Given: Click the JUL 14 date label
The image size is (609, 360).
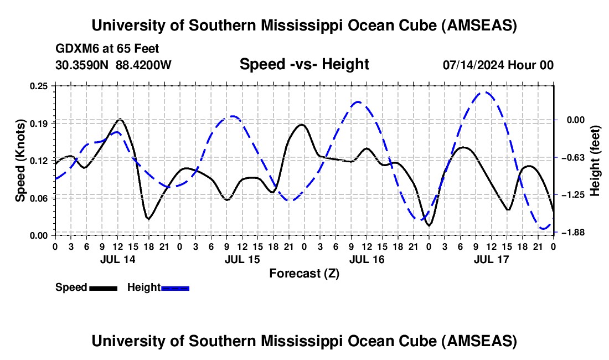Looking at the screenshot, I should point(117,259).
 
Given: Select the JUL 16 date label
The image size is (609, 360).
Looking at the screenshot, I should point(367,259).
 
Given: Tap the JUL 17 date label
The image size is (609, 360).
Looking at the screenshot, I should point(491,259).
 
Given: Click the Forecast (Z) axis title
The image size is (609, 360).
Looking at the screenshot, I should point(304,273).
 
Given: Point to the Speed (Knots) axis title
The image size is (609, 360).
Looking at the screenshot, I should point(20,161).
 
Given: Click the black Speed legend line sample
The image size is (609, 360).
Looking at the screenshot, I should point(102,287).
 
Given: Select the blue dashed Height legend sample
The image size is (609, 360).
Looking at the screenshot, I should point(175,287).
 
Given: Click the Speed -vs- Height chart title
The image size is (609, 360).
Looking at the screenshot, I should point(304,64).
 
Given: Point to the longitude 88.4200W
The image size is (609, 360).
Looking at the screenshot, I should point(144,65).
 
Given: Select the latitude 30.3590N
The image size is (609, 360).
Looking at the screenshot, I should point(82,65).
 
